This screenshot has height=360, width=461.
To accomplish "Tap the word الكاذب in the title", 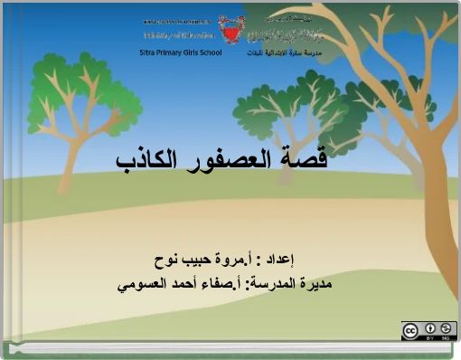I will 149,160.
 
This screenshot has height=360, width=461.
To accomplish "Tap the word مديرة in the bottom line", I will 314,286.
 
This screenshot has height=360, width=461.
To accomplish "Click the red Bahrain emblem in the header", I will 237,31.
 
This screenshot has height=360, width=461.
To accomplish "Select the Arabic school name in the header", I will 281,52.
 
